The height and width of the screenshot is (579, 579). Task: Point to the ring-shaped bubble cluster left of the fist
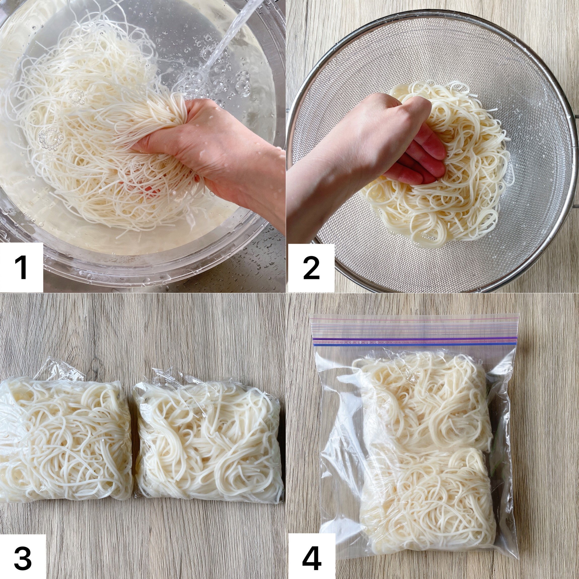coord(51,138)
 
